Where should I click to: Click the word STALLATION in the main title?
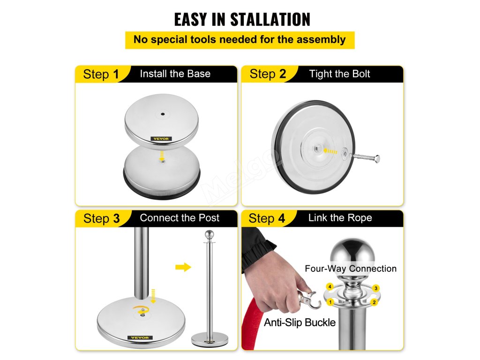(x=270, y=20)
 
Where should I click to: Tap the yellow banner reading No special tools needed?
(x=240, y=40)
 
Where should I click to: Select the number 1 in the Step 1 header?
(x=116, y=75)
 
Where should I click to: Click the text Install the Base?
(x=175, y=74)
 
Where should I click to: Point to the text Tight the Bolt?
(x=339, y=74)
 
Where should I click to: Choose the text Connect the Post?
(x=180, y=218)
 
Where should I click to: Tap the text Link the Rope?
(x=340, y=218)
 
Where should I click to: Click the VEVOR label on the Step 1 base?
(x=161, y=139)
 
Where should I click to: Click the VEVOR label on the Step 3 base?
(x=140, y=337)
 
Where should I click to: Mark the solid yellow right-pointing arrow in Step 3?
(x=183, y=267)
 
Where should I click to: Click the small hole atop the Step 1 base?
(x=163, y=114)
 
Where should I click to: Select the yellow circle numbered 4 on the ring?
(x=330, y=287)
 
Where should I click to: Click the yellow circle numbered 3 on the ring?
(x=376, y=288)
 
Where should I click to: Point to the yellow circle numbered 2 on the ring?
(x=374, y=302)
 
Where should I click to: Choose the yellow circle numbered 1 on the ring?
(x=330, y=302)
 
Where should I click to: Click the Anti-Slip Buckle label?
(x=300, y=322)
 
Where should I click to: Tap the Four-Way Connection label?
(x=351, y=269)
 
